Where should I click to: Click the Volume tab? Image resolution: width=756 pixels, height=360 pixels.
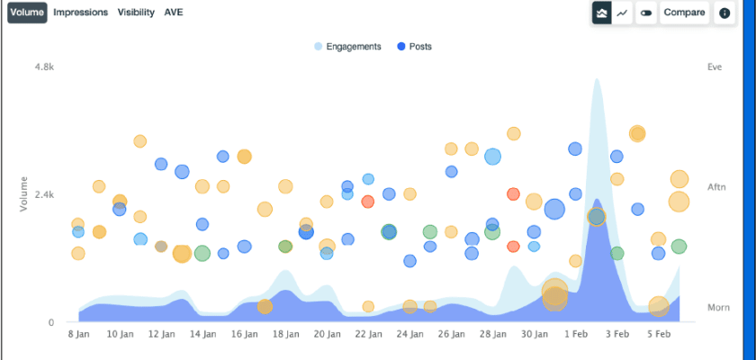tap(27, 13)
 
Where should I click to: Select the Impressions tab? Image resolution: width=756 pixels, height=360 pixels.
tap(81, 13)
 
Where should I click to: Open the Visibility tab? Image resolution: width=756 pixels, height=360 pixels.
tap(136, 13)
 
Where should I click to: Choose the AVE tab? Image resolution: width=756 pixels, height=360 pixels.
tap(174, 13)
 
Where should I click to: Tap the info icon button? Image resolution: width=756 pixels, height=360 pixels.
tap(724, 13)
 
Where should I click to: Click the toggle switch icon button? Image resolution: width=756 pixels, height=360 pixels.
tap(646, 13)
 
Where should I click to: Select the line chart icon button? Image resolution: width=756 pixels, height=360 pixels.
tap(622, 13)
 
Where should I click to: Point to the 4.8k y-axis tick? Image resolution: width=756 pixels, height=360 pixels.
tap(44, 67)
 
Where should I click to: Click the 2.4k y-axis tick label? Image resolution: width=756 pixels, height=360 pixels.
tap(44, 194)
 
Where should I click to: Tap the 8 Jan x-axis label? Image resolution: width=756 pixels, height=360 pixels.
tap(78, 334)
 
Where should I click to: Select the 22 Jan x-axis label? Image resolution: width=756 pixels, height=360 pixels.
tap(367, 334)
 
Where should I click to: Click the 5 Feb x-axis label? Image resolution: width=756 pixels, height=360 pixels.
tap(658, 334)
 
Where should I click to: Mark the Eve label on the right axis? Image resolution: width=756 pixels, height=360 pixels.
tap(715, 67)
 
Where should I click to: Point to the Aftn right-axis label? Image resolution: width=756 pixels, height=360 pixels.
tap(716, 186)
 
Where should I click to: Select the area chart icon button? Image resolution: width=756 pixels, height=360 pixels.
tap(601, 13)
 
